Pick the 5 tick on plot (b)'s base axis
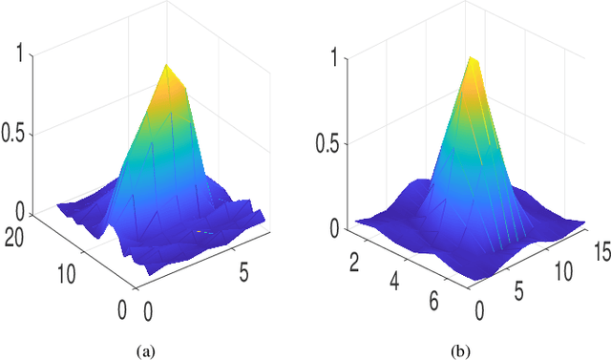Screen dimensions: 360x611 click(521, 290)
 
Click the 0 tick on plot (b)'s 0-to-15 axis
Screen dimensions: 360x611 click(478, 310)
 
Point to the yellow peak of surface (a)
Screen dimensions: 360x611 click(168, 69)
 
